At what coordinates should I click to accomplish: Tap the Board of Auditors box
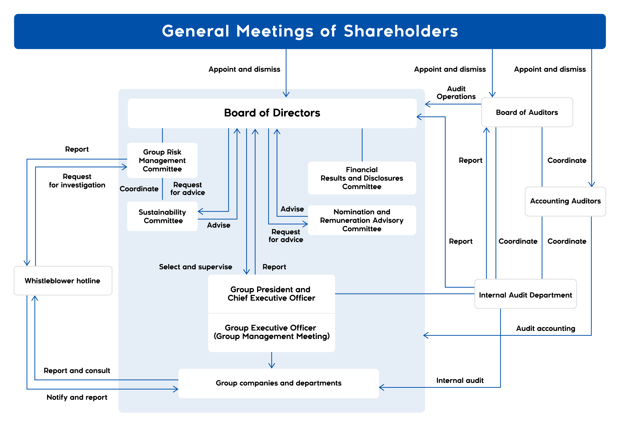[x=527, y=112]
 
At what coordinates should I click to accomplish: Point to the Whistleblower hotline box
[x=63, y=281]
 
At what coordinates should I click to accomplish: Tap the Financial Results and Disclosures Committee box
[x=362, y=178]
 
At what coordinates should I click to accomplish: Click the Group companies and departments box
[x=278, y=383]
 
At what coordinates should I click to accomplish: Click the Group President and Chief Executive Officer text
[x=271, y=294]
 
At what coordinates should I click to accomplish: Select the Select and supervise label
[x=195, y=267]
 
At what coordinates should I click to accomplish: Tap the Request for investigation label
[x=77, y=181]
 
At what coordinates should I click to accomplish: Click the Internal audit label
[x=460, y=380]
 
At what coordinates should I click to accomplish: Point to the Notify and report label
[x=77, y=397]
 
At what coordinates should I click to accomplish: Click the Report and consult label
[x=77, y=371]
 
